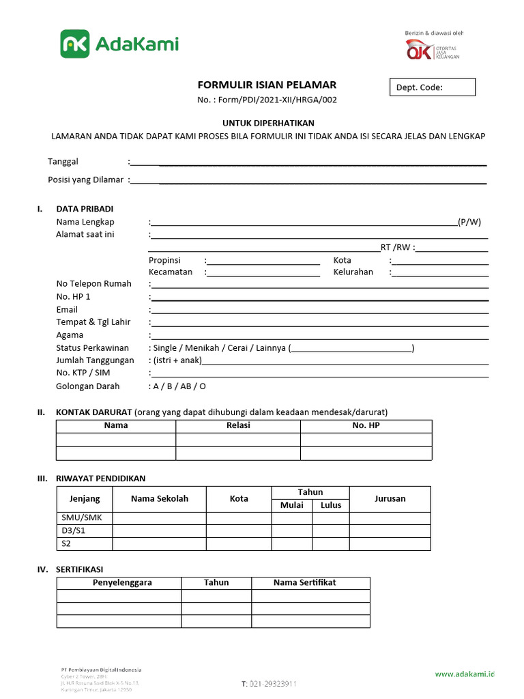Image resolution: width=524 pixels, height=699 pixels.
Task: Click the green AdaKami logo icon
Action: point(75,44)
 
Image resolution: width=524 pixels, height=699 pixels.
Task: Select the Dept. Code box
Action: point(432,87)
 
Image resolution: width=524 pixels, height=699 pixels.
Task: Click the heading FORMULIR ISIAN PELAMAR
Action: point(267,85)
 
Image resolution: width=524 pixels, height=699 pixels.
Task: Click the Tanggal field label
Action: point(63,162)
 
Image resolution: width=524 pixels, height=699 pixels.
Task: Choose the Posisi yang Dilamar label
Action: point(85,180)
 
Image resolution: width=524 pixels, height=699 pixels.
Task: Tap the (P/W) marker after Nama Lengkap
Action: point(469,222)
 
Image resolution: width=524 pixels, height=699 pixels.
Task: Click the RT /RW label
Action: point(396,247)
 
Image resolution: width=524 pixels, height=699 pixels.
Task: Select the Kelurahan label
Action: point(353,272)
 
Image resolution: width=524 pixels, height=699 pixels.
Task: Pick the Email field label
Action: point(67,309)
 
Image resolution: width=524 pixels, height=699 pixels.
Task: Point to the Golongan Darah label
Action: point(87,386)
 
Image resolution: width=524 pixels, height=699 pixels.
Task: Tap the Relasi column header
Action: point(238,425)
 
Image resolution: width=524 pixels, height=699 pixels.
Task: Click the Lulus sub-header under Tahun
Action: point(331,505)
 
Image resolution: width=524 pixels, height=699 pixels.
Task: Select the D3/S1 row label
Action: point(71,531)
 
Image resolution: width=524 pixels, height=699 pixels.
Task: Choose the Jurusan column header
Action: point(390,498)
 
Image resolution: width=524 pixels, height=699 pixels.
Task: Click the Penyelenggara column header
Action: point(122,583)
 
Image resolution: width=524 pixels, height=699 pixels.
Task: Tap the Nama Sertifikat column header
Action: point(304,583)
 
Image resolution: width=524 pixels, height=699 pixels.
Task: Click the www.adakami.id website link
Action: point(464,674)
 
